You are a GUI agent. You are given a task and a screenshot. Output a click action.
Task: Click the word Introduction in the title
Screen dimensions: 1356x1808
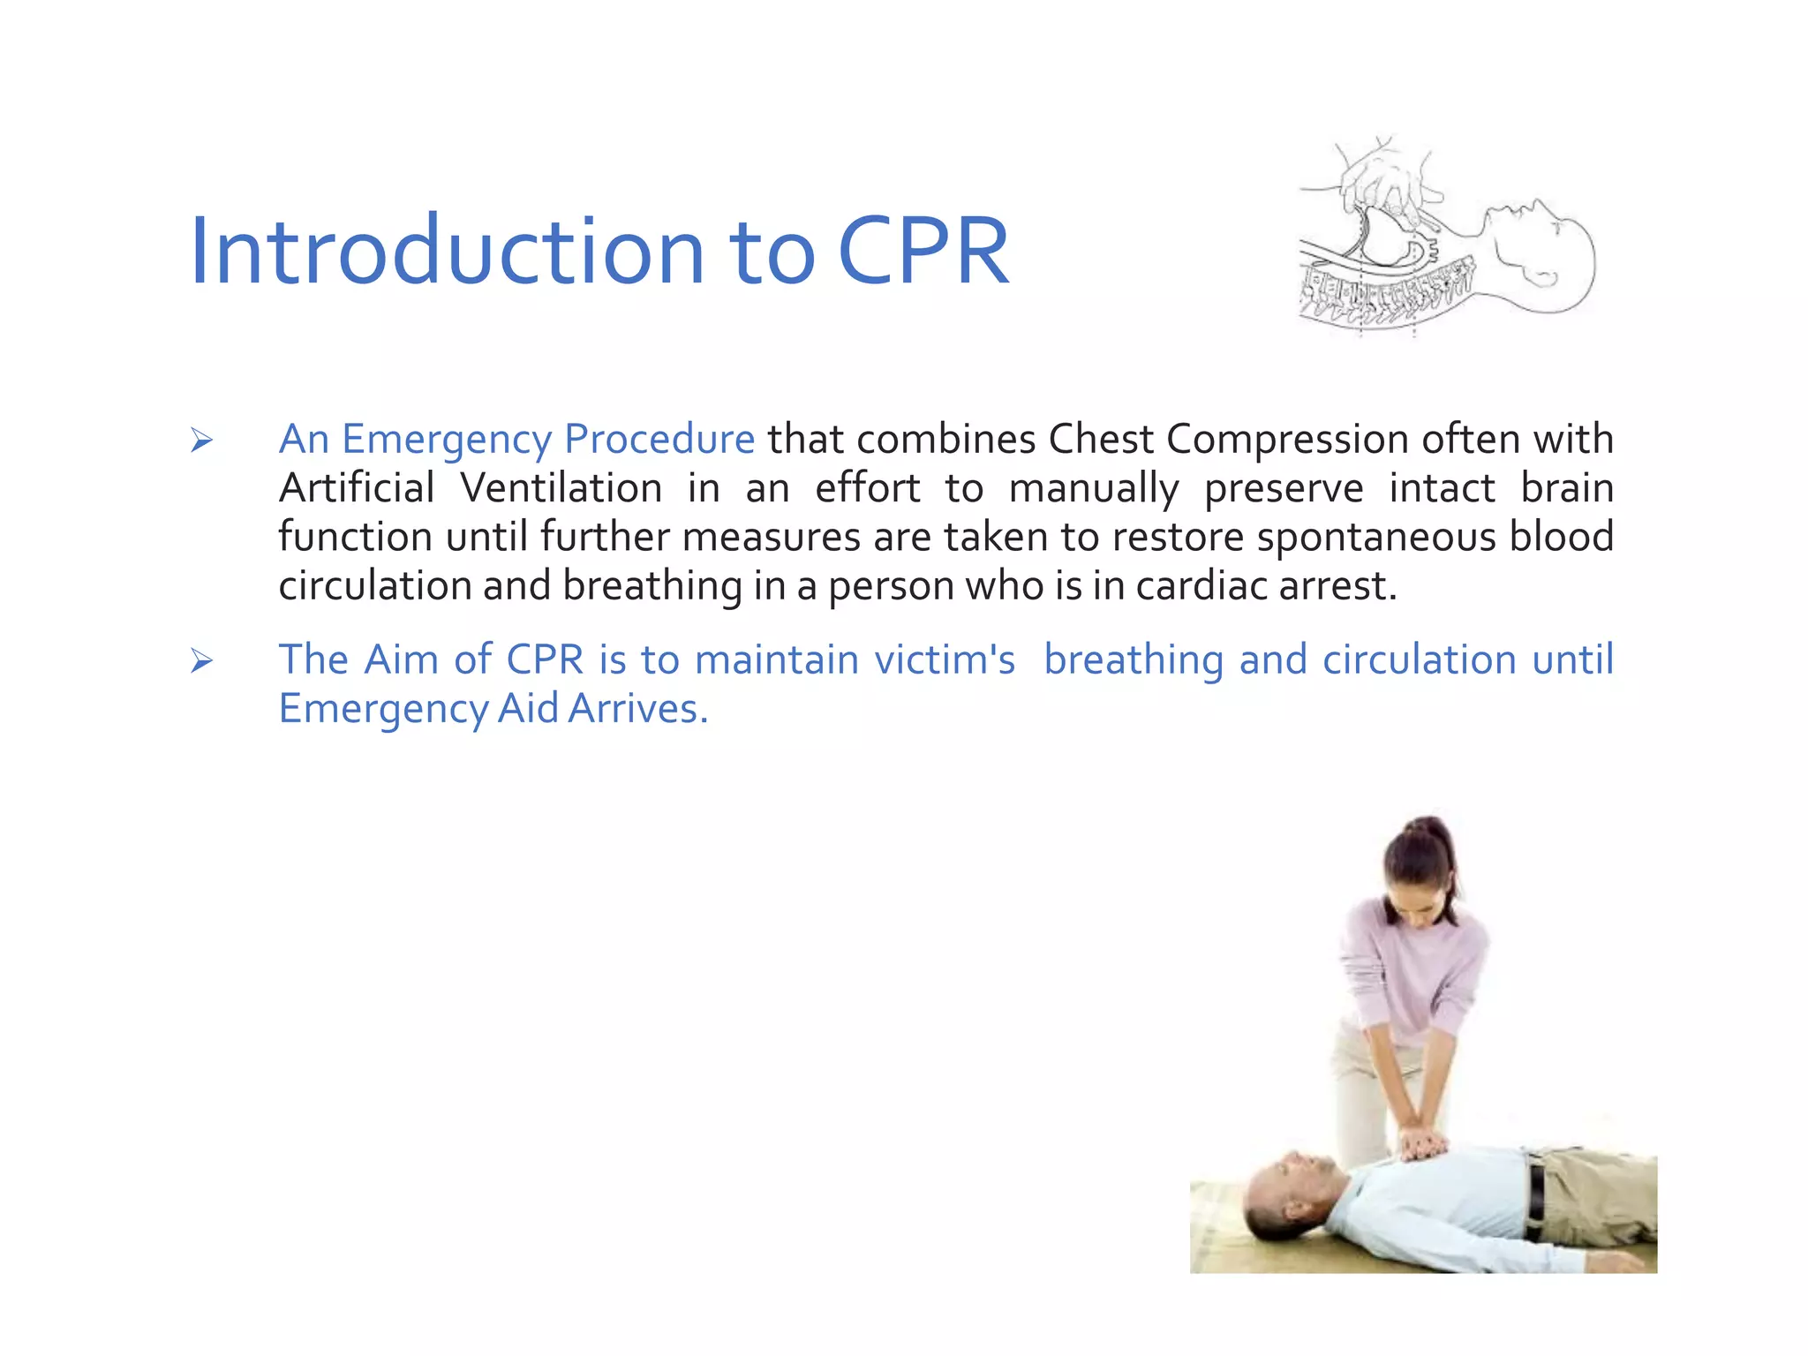(446, 252)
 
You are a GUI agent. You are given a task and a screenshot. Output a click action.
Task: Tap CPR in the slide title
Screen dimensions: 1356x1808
(923, 252)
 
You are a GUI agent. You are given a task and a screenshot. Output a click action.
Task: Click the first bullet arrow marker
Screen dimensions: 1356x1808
(201, 440)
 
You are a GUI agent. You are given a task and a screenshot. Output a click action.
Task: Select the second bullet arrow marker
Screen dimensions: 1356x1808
(201, 660)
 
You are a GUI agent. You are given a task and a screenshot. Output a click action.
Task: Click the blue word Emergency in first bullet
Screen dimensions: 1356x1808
(447, 440)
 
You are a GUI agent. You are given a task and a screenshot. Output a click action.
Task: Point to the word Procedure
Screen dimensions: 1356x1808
(659, 439)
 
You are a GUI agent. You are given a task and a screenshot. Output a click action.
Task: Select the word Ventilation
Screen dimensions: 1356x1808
(561, 488)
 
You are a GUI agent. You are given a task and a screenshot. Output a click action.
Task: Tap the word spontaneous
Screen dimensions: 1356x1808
(1376, 538)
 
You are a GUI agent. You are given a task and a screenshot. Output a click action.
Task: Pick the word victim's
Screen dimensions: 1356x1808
(944, 659)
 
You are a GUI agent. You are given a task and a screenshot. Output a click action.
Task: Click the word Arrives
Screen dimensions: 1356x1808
(637, 709)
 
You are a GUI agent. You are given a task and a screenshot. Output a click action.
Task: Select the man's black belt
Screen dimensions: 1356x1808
(1537, 1201)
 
